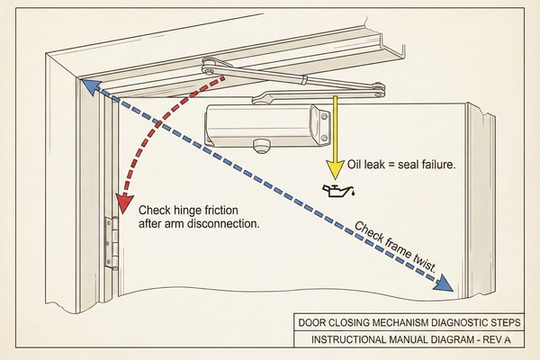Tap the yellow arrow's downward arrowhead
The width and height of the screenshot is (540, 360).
[x=334, y=168]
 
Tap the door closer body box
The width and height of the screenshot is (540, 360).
[x=261, y=123]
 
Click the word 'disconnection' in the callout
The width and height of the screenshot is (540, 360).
[x=224, y=223]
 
